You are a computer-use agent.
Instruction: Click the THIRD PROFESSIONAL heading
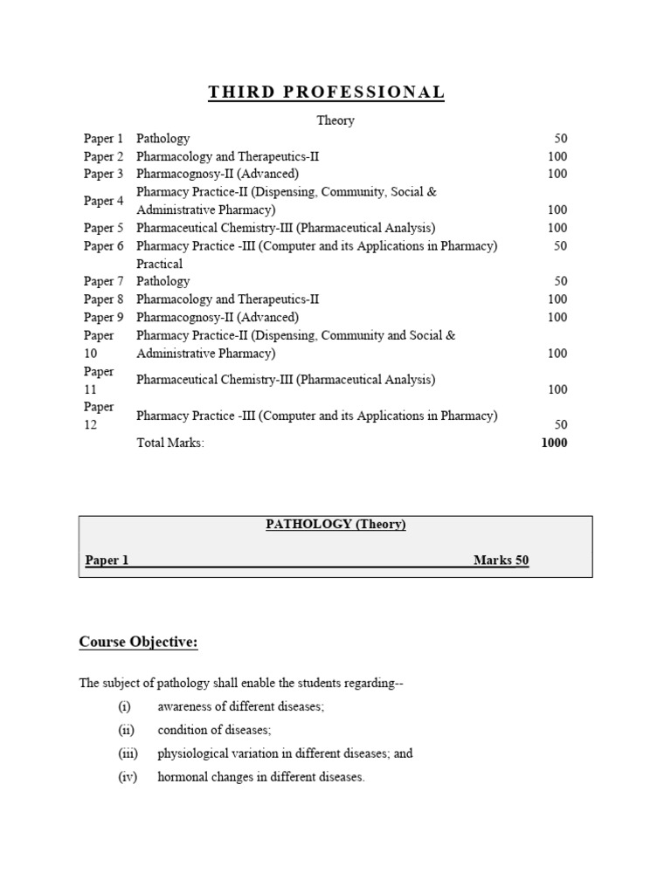[326, 93]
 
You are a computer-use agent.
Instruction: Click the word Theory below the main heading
[335, 120]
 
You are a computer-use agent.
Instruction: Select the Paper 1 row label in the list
[103, 139]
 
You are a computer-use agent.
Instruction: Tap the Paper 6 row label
[103, 246]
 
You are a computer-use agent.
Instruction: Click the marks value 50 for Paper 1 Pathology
[560, 139]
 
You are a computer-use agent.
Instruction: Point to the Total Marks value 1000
[554, 443]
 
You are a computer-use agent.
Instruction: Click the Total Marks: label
[170, 443]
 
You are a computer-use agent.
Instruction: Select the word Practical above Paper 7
[159, 264]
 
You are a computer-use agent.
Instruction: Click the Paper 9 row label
[103, 318]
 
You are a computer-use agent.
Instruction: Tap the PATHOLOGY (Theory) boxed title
[335, 525]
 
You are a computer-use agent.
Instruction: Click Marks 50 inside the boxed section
[501, 560]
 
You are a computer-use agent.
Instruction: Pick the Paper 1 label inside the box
[107, 560]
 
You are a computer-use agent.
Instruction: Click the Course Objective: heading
[139, 643]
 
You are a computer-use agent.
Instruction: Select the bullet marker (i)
[124, 706]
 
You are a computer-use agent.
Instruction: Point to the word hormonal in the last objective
[183, 777]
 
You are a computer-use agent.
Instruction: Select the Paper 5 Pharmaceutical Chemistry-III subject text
[286, 228]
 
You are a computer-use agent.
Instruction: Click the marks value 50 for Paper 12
[560, 425]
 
